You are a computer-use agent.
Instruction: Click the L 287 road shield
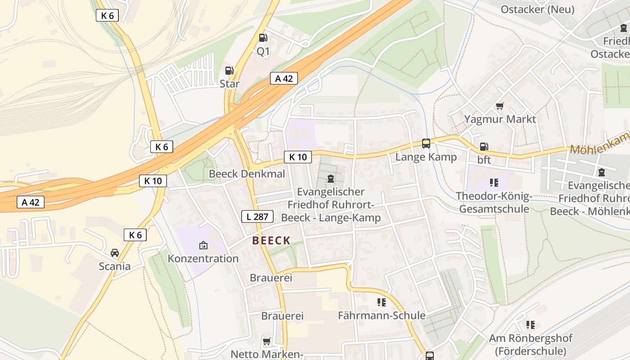click(x=257, y=216)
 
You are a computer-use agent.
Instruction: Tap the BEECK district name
click(x=271, y=241)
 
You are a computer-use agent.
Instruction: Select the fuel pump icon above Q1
click(x=263, y=38)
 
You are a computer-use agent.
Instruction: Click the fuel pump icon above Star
click(x=229, y=70)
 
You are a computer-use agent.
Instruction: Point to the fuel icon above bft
click(x=484, y=146)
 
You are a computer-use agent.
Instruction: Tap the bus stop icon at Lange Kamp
click(x=426, y=144)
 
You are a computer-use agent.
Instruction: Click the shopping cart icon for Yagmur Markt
click(x=499, y=106)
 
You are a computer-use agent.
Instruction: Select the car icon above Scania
click(x=115, y=252)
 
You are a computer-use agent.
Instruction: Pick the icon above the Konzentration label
click(x=203, y=245)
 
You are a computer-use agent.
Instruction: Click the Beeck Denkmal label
click(x=247, y=174)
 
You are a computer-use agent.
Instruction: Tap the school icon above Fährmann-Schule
click(x=382, y=302)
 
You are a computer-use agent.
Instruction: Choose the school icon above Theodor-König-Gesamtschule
click(x=494, y=183)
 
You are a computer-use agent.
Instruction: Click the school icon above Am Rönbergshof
click(x=531, y=324)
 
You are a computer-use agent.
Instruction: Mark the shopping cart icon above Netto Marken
click(x=267, y=342)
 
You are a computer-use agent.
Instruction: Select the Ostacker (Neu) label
click(x=537, y=9)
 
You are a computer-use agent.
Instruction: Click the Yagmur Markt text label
click(x=500, y=119)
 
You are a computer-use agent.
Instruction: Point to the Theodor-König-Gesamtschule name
click(x=494, y=202)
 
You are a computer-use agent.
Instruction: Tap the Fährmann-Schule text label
click(x=382, y=315)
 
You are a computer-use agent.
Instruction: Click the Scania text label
click(x=115, y=266)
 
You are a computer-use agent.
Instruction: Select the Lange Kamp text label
click(x=426, y=157)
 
